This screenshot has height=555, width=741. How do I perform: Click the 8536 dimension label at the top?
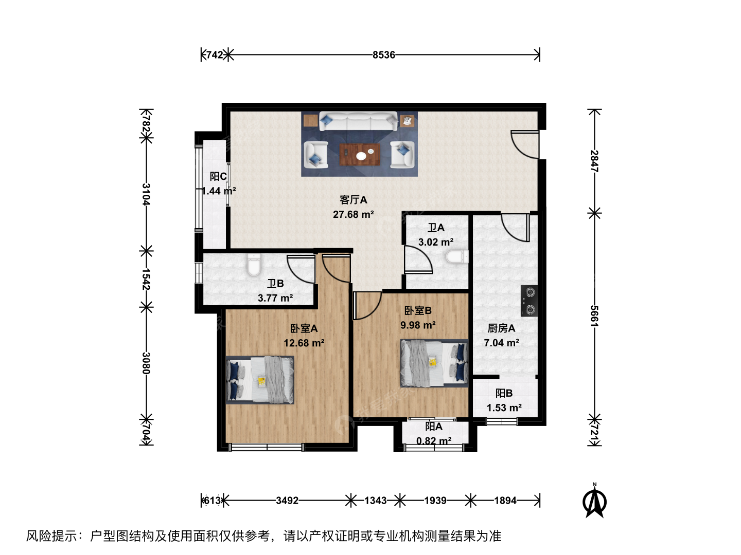383,54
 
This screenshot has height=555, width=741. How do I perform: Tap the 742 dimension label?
215,54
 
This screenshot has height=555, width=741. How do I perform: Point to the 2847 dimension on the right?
594,161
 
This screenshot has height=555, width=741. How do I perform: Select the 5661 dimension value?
594,316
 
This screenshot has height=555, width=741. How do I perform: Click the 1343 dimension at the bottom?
376,501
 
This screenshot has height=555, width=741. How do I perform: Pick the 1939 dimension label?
435,501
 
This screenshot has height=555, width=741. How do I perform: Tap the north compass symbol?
594,501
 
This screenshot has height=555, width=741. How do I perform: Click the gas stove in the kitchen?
529,301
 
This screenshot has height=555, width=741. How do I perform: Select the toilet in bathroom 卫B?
254,265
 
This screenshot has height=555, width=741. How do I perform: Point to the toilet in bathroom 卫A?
457,257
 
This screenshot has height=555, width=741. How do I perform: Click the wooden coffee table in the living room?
360,155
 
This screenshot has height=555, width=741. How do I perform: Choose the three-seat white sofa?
358,121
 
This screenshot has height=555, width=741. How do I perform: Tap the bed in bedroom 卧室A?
259,380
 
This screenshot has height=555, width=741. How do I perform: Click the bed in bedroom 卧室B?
434,363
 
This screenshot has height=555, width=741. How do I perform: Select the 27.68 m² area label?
353,214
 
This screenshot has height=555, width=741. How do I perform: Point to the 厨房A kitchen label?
501,328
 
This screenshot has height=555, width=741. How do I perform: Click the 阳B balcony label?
504,393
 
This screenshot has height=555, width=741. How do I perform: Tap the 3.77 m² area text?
275,298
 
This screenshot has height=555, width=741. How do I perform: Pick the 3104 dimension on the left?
146,194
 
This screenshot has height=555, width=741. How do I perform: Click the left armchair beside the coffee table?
315,155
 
